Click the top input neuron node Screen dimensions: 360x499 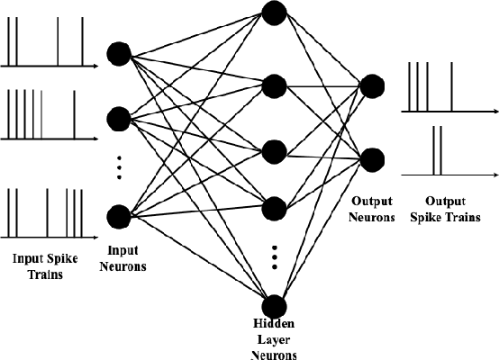point(118,54)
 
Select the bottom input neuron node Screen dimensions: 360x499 point(118,216)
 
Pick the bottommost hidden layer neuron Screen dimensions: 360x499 point(275,306)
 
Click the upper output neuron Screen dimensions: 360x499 point(371,86)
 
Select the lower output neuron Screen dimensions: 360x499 point(371,158)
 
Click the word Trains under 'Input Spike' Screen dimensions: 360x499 point(38,273)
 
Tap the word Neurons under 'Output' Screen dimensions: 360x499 point(371,218)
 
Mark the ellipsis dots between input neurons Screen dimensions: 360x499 point(118,166)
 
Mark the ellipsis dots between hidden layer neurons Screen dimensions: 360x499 point(275,256)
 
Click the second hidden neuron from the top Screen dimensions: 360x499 point(275,85)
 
